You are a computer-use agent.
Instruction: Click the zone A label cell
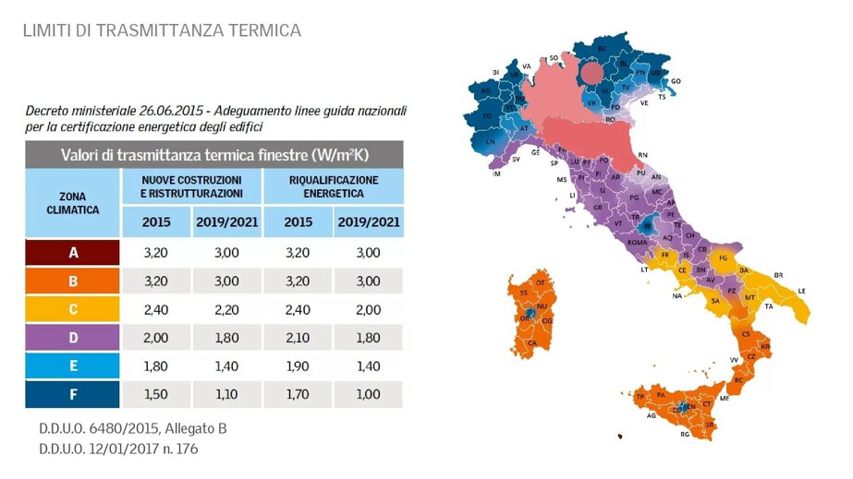click(x=72, y=252)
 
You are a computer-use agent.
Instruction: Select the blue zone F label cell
click(x=72, y=394)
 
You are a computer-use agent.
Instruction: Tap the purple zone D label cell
click(x=72, y=338)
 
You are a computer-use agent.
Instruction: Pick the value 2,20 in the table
click(x=226, y=309)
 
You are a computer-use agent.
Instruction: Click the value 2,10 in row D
click(x=298, y=338)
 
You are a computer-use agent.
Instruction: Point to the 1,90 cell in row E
click(x=298, y=366)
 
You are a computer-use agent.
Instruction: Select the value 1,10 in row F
click(x=226, y=394)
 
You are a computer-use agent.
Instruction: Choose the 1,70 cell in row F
click(x=298, y=394)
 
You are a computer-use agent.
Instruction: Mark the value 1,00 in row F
click(x=369, y=394)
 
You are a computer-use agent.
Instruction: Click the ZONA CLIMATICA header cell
click(x=72, y=203)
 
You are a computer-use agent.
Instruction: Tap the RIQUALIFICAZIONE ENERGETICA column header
click(x=334, y=186)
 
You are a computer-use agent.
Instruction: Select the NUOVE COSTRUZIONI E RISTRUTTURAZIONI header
click(x=191, y=186)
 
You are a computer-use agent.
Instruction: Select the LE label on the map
click(x=802, y=291)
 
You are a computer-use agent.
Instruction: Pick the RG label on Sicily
click(x=685, y=434)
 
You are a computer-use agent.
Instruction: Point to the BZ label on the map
click(x=602, y=47)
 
